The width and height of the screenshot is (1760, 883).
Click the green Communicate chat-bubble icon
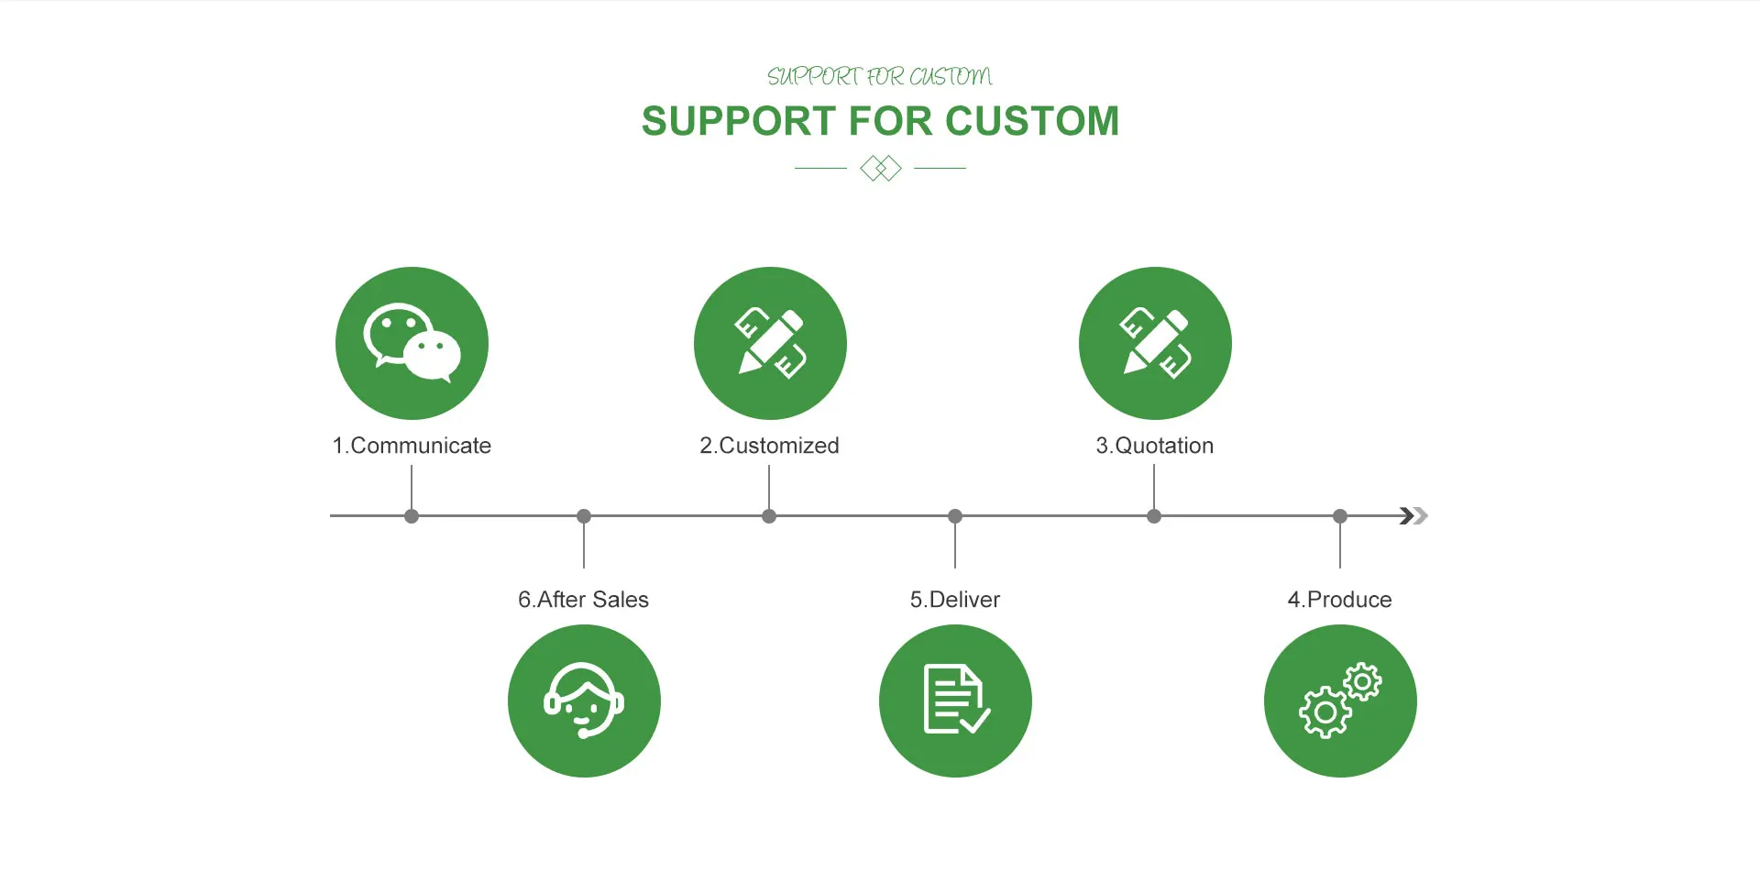tap(412, 343)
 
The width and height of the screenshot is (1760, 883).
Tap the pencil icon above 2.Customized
tap(770, 343)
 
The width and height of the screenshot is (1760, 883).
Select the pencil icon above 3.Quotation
tap(1155, 343)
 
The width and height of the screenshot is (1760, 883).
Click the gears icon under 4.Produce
tap(1340, 701)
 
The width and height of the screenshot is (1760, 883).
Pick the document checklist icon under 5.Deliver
tap(955, 701)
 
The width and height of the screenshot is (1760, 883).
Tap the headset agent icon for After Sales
tap(584, 701)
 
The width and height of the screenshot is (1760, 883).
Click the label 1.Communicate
tap(412, 446)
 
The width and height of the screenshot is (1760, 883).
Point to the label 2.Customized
tap(769, 446)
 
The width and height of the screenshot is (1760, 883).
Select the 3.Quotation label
tap(1154, 446)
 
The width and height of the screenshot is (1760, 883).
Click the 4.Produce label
tap(1339, 600)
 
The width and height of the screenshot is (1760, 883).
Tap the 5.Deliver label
tap(954, 600)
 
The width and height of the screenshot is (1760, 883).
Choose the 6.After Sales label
tap(583, 600)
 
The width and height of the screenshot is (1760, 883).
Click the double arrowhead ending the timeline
tap(1413, 516)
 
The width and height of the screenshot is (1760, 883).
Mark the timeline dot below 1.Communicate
tap(412, 516)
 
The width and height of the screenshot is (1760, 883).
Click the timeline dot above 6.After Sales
tap(584, 516)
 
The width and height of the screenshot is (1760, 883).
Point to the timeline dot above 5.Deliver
tap(955, 516)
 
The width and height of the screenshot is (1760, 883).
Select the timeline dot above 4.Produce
tap(1340, 516)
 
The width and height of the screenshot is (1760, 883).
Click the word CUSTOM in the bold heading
tap(1032, 121)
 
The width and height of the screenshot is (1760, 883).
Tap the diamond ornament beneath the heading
tap(881, 169)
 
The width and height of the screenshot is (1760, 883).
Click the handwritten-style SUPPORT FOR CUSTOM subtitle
tap(880, 76)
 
